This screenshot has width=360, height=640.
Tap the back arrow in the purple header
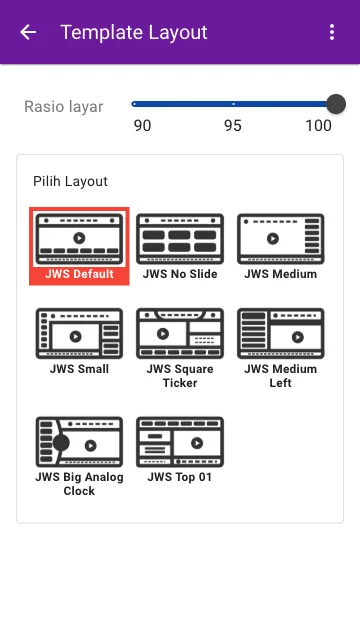click(28, 32)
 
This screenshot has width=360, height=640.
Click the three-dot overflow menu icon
click(332, 32)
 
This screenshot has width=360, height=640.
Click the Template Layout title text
click(134, 32)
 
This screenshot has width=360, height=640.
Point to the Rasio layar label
click(64, 107)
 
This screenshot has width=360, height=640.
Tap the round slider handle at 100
click(336, 104)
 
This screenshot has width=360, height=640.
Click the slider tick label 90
click(142, 126)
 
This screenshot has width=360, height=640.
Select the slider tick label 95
click(233, 126)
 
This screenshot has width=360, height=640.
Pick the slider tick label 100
click(319, 126)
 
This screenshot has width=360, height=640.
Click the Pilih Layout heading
click(70, 181)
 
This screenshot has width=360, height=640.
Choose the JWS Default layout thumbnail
click(79, 239)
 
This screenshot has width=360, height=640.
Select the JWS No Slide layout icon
click(180, 239)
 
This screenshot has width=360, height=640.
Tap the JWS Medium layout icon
click(281, 239)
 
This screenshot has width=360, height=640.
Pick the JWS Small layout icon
click(79, 333)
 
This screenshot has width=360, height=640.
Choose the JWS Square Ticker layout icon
click(180, 333)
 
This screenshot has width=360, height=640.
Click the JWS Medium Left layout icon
click(281, 333)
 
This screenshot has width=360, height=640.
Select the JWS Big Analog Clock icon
click(79, 442)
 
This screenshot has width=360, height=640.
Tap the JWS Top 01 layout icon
click(180, 442)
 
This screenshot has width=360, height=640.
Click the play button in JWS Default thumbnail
click(79, 238)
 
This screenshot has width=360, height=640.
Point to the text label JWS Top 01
click(180, 477)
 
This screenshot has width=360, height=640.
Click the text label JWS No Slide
click(180, 274)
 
